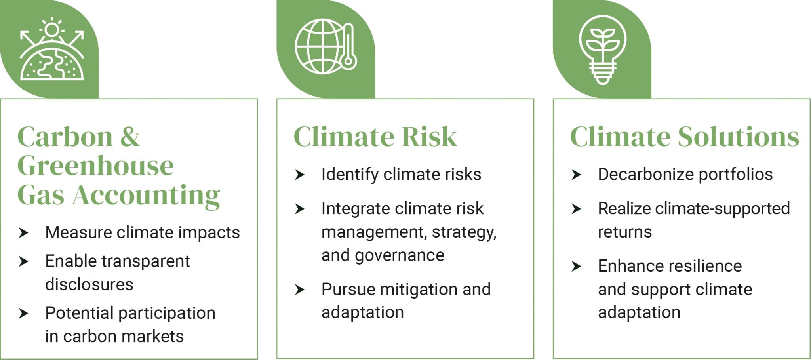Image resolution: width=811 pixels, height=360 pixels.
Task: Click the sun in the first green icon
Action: pyautogui.click(x=52, y=30)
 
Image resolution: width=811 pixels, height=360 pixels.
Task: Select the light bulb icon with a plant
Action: pyautogui.click(x=602, y=49)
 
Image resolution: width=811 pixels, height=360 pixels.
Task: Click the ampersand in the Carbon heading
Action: pyautogui.click(x=130, y=137)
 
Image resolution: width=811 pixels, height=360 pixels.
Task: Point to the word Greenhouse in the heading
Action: pyautogui.click(x=95, y=166)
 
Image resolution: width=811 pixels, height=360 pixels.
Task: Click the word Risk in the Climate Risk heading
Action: pyautogui.click(x=429, y=137)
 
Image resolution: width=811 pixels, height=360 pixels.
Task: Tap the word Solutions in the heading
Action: pyautogui.click(x=739, y=137)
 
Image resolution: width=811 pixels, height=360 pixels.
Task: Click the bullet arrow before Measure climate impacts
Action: pyautogui.click(x=24, y=233)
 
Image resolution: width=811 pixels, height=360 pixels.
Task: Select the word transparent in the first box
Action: pyautogui.click(x=146, y=261)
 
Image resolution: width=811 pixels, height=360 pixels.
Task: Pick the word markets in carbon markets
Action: pyautogui.click(x=153, y=337)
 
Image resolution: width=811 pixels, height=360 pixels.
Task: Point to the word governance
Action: pyautogui.click(x=400, y=255)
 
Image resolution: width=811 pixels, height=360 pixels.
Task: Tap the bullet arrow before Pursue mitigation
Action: pyautogui.click(x=300, y=290)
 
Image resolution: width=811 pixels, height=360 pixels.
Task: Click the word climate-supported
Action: pyautogui.click(x=723, y=209)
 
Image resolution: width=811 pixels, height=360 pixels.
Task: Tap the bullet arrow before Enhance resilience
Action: pyautogui.click(x=576, y=266)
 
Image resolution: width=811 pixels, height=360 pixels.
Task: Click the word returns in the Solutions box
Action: pyautogui.click(x=625, y=232)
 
